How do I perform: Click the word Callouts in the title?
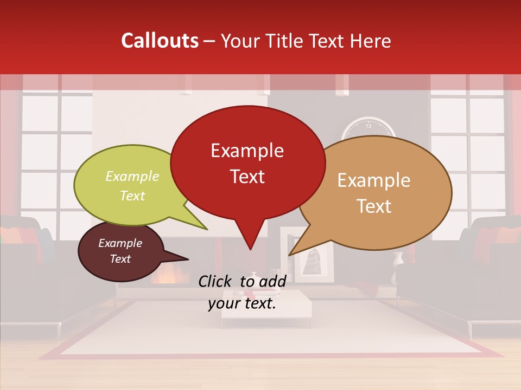click(160, 41)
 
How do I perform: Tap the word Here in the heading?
click(372, 41)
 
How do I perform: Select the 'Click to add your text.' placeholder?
click(242, 292)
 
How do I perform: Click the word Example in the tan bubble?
click(374, 180)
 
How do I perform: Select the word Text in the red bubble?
click(247, 177)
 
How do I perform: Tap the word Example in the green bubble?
click(132, 177)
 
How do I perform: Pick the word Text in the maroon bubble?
click(120, 259)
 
